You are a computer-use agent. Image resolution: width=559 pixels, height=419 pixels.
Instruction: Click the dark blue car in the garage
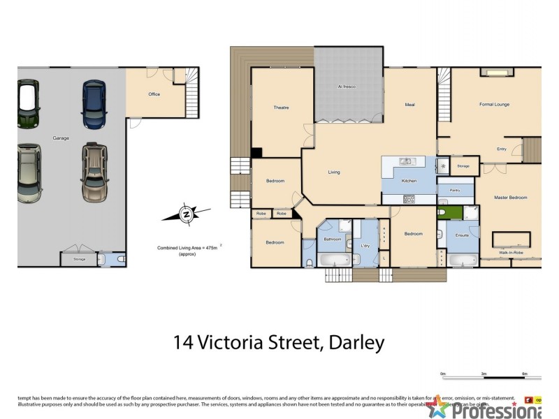pos(94,104)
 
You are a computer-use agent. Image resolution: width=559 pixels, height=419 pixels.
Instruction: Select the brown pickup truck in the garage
pos(94,172)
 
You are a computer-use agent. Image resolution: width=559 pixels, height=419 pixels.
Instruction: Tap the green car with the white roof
pos(28,104)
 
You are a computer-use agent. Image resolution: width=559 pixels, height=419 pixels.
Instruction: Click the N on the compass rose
pos(186,214)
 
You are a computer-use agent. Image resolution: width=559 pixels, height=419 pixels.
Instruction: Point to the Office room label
pos(154,94)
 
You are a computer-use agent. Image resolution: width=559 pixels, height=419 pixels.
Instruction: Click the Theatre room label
pos(281,108)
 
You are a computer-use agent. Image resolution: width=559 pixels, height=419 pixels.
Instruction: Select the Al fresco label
pos(347,87)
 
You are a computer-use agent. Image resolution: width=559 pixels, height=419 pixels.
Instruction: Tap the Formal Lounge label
pos(494,105)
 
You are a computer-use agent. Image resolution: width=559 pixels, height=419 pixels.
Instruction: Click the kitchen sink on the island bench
pos(406,162)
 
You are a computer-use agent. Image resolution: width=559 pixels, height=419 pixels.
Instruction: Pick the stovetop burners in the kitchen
pos(408,200)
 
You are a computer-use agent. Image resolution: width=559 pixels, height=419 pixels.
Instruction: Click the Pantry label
pos(454,189)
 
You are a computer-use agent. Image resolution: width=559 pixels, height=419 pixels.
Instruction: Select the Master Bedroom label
pos(510,198)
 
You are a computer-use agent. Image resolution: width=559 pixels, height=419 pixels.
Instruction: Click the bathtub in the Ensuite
pos(461,261)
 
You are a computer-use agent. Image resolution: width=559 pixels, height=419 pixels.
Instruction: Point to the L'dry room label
pos(365,246)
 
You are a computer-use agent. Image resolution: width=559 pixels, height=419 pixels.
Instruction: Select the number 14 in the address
pos(184,343)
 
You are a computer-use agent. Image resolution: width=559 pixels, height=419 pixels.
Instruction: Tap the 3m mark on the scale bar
pos(483,374)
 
